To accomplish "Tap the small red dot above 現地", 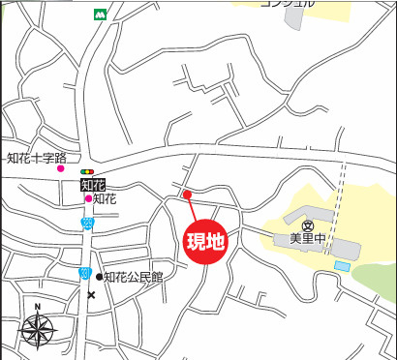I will (x=188, y=195).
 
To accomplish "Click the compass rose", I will (x=38, y=332).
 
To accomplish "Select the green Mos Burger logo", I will (x=100, y=15).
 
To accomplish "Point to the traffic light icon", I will (x=88, y=171).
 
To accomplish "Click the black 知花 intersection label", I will (x=91, y=184).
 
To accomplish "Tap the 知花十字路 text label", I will (x=36, y=158).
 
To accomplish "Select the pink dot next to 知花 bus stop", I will (x=88, y=198).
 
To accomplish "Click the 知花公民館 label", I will (x=134, y=277).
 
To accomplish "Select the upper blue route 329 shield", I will (x=86, y=223).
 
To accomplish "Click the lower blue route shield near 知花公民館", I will (x=85, y=274).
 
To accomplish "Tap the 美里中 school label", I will (x=307, y=238).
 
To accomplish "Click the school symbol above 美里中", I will (x=307, y=225).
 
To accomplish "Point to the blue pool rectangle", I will (x=343, y=265).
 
